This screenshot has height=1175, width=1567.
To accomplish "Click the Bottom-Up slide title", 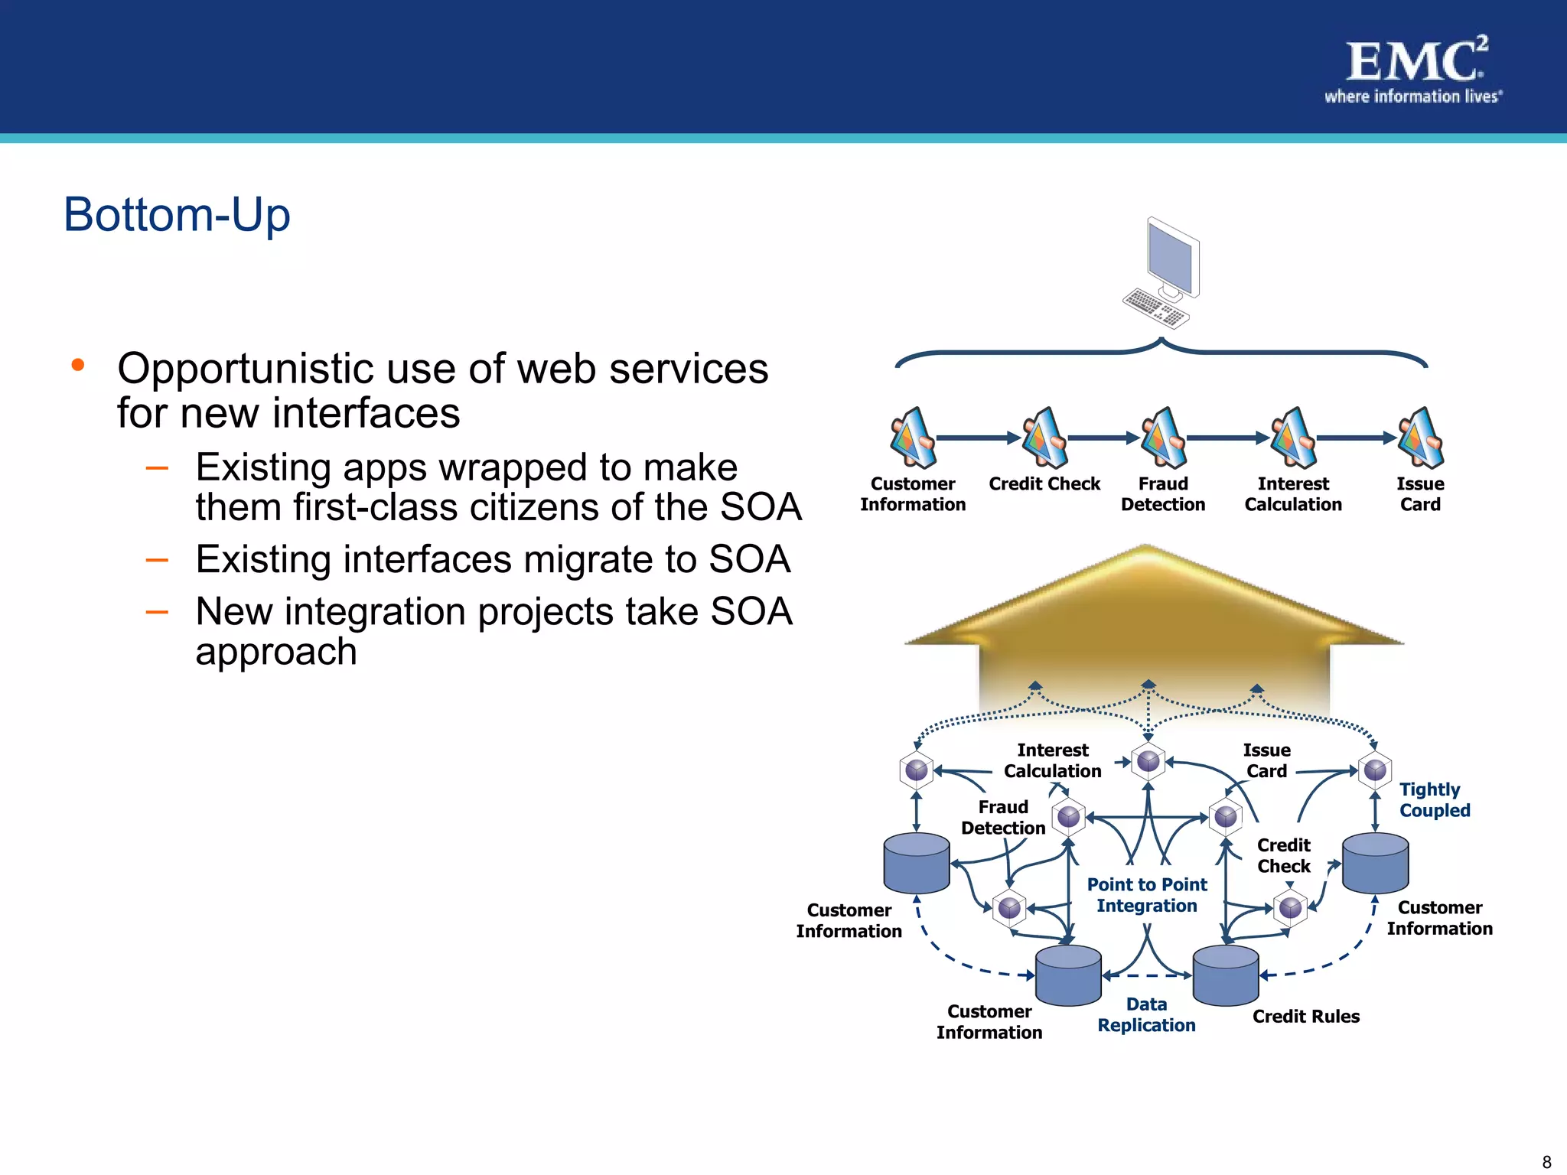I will pyautogui.click(x=177, y=214).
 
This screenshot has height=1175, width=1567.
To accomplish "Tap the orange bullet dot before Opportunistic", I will pyautogui.click(x=77, y=365).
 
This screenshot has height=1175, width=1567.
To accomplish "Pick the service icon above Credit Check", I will pyautogui.click(x=1044, y=438).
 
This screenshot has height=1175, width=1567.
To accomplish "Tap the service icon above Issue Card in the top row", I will pyautogui.click(x=1420, y=438).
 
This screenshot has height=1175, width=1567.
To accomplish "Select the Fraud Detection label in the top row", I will pyautogui.click(x=1163, y=494).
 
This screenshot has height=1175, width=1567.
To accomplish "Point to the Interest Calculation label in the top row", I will pyautogui.click(x=1293, y=494).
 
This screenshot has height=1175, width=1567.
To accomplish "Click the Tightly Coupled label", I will pyautogui.click(x=1434, y=799).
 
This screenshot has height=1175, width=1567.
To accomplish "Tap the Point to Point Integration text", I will pyautogui.click(x=1146, y=895).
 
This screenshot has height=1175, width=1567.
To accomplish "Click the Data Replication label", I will pyautogui.click(x=1146, y=1014).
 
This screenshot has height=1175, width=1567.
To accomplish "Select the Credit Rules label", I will pyautogui.click(x=1305, y=1016).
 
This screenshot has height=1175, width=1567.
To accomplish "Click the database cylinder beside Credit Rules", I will pyautogui.click(x=1226, y=976).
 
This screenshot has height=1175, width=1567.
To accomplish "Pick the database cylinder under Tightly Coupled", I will pyautogui.click(x=1375, y=864).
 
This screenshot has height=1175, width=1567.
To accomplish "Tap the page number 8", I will pyautogui.click(x=1546, y=1162).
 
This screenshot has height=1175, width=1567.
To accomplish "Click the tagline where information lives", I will pyautogui.click(x=1412, y=97).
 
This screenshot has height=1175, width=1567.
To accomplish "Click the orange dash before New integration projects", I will pyautogui.click(x=157, y=612).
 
